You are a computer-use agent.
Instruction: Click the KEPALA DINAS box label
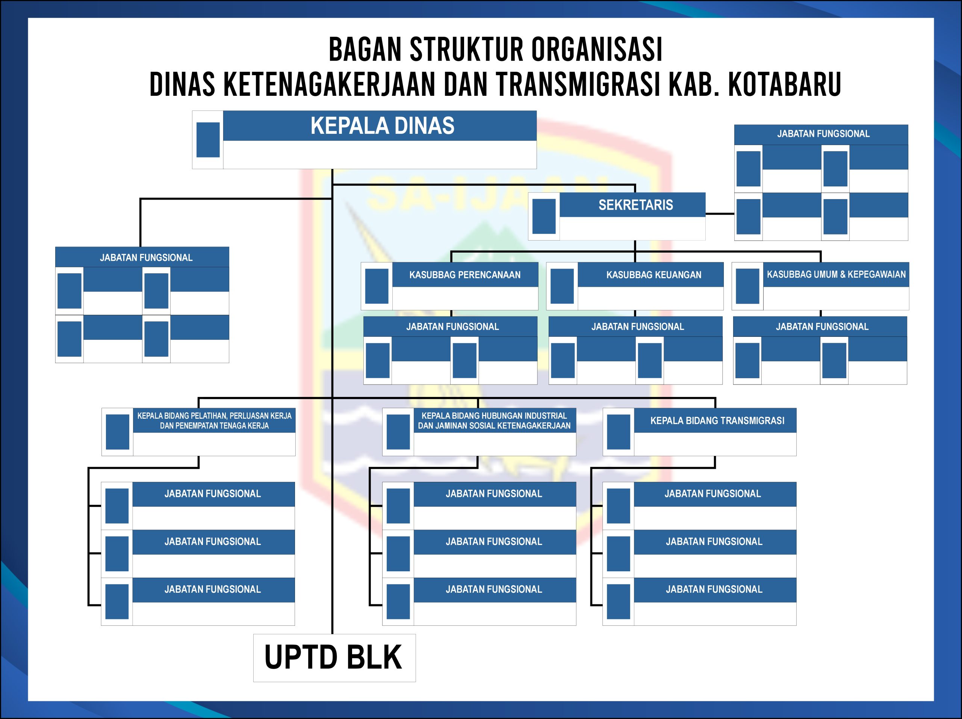point(382,126)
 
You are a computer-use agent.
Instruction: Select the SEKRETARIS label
point(635,205)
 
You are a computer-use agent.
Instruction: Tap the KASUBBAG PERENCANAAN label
point(464,275)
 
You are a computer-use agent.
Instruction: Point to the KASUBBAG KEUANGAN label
point(653,275)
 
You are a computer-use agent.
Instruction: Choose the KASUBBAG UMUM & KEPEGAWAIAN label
point(836,274)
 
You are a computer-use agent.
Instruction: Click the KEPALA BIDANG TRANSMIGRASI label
point(717,421)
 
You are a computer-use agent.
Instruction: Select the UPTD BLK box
point(334,658)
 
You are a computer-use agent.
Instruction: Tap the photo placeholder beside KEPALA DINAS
point(208,139)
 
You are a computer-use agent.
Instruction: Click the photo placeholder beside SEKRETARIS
point(544,216)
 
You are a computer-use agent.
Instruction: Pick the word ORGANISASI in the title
point(597,50)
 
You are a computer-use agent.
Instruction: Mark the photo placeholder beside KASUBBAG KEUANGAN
point(562,286)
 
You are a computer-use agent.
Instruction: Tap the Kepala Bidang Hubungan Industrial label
point(494,421)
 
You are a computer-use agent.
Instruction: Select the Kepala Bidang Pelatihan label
point(215,421)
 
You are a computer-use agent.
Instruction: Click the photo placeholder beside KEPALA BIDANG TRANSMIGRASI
point(619,431)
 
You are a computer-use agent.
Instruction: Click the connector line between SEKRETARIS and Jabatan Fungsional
point(720,213)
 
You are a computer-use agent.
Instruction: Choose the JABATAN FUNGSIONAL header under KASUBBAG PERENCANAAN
point(452,327)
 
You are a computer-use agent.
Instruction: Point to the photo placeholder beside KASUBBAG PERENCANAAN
point(377,286)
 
